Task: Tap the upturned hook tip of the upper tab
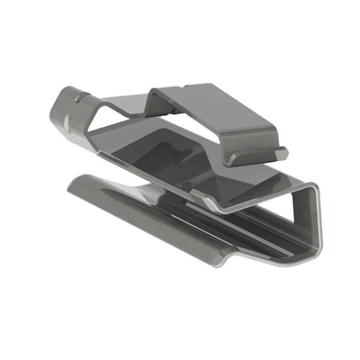coord(281,152)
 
